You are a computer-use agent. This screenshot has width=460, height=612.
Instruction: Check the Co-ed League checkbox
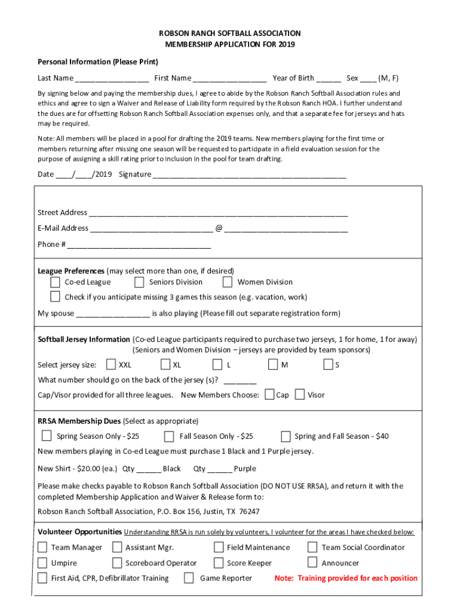pos(55,282)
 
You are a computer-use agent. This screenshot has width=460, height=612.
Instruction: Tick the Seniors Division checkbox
pos(139,282)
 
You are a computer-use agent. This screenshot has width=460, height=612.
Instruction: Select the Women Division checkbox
pos(227,282)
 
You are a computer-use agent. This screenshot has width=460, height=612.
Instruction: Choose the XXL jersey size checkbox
pos(111,365)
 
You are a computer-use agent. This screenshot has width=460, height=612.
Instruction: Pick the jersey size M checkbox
pos(273,365)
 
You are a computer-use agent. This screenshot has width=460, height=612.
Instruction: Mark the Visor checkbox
pos(300,394)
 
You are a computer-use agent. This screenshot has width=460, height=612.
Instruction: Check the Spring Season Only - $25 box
pos(47,436)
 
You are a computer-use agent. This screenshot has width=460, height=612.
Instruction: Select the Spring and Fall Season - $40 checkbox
pos(286,436)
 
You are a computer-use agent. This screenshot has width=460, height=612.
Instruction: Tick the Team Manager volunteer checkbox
pos(42,547)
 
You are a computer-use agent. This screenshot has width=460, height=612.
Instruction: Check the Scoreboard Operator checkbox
pos(117,563)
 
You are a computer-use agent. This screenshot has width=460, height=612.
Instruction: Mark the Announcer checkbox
pos(312,562)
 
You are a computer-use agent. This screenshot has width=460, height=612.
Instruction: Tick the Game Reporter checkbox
pos(189,578)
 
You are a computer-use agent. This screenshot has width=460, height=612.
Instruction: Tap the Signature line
pos(249,175)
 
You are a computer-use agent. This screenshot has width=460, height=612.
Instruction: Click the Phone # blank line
pos(139,245)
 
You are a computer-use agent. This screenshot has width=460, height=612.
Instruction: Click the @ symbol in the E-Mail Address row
pos(219,228)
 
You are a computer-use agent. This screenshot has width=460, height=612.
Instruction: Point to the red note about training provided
pos(346,578)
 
